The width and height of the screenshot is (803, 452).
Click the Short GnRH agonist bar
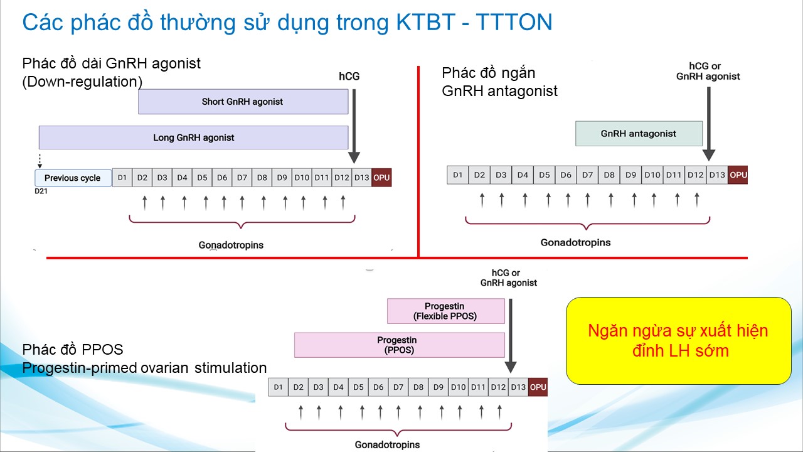[x=243, y=102]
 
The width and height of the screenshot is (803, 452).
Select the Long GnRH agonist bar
[x=193, y=137]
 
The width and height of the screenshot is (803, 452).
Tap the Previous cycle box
[x=73, y=178]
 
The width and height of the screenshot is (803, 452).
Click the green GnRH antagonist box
[x=639, y=134]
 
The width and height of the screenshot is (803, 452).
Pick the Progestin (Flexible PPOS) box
[x=445, y=311]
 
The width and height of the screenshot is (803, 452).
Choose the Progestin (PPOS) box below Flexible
[x=399, y=345]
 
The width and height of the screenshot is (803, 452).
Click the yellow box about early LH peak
[x=678, y=341]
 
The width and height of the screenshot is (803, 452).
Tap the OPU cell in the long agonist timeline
[x=381, y=178]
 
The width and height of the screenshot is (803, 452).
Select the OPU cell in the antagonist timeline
[x=738, y=175]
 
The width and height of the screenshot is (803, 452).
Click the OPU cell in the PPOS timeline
[x=538, y=387]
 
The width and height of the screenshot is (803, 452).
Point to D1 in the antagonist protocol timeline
[x=458, y=175]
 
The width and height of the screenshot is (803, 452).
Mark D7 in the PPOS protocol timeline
[x=398, y=387]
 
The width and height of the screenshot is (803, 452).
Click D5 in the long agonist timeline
[x=202, y=178]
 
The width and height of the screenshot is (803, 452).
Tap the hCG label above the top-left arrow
[x=349, y=77]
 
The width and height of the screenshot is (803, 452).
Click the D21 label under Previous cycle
[x=41, y=190]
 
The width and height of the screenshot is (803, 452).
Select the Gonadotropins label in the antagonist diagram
[x=575, y=242]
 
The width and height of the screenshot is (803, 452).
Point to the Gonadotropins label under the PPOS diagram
[x=387, y=444]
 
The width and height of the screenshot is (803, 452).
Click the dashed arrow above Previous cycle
[x=40, y=159]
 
